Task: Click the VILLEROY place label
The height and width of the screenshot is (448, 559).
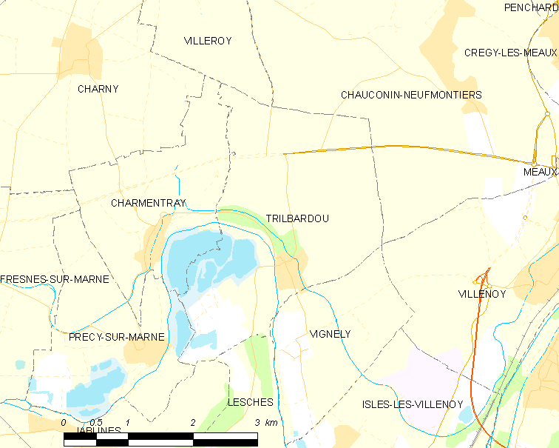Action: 208,41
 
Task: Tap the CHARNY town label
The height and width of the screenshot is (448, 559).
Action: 98,89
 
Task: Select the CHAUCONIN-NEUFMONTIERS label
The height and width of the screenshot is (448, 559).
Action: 411,95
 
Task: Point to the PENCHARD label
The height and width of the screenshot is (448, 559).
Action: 531,7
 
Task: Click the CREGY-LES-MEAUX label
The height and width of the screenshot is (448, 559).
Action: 511,53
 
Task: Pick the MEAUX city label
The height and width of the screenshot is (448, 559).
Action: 539,172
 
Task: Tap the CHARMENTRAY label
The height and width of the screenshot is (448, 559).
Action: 148,203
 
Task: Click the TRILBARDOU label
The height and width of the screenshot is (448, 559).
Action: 297,218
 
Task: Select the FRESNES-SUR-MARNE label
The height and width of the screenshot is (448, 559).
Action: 55,279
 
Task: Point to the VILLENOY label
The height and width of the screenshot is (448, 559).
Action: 481,294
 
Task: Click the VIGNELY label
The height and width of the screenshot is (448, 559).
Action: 331,334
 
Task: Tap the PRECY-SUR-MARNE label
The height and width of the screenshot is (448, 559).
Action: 116,337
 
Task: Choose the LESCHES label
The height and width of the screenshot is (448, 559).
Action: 251,402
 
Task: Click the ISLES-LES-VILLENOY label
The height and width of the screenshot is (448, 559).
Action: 413,404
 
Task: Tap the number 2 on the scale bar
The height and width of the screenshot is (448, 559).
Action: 193,423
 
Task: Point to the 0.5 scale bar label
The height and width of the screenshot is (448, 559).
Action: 95,423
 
